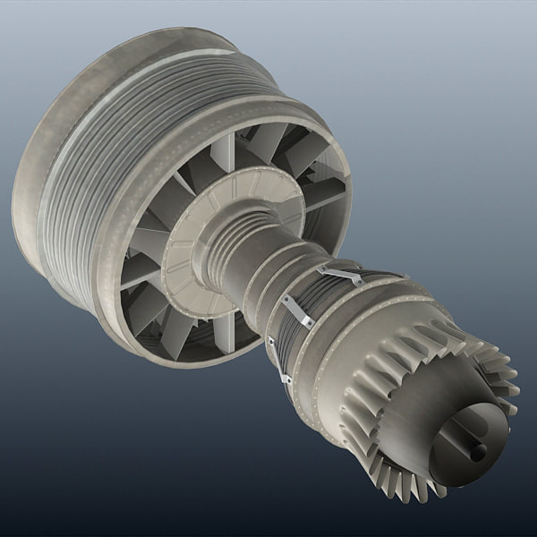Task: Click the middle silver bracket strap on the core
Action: point(295,311)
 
